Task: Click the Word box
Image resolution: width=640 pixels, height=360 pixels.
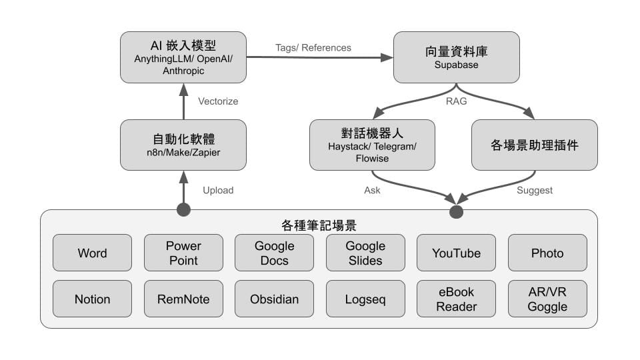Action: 92,253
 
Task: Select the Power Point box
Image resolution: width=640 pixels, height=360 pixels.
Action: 183,253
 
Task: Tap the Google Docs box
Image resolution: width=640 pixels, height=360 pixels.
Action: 274,253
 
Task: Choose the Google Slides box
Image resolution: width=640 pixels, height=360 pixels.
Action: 365,253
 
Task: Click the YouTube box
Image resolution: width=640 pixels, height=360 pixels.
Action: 456,253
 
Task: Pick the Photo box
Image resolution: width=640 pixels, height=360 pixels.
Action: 547,253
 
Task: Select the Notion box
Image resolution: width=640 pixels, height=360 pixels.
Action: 92,299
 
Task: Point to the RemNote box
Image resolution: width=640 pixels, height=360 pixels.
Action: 183,299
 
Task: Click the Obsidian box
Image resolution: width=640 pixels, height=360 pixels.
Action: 274,299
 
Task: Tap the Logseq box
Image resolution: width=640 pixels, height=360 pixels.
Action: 365,299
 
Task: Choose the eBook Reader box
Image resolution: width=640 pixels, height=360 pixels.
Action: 456,299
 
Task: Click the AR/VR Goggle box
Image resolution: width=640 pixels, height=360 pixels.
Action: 547,299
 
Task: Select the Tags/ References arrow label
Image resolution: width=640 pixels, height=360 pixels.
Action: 313,47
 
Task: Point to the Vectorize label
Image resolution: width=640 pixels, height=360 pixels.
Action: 218,101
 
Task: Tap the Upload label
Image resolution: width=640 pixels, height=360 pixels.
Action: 218,190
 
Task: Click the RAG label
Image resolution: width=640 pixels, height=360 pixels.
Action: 457,101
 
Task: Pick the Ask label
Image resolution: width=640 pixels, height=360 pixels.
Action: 372,190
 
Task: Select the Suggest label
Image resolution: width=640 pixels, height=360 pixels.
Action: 535,190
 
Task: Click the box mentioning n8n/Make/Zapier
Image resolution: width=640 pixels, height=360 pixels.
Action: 183,145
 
